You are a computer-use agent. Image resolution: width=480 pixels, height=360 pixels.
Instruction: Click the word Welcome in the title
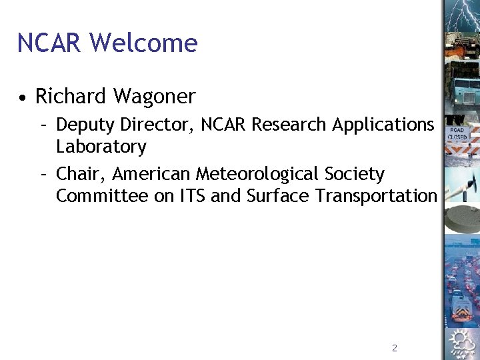143,43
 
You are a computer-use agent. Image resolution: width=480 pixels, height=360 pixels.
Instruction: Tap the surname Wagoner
154,97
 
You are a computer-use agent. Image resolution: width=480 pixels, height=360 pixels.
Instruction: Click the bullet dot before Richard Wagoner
23,98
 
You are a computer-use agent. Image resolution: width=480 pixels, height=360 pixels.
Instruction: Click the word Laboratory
101,146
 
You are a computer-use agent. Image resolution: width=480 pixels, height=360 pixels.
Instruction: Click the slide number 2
395,348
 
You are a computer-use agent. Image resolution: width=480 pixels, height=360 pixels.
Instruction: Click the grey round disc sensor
461,217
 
